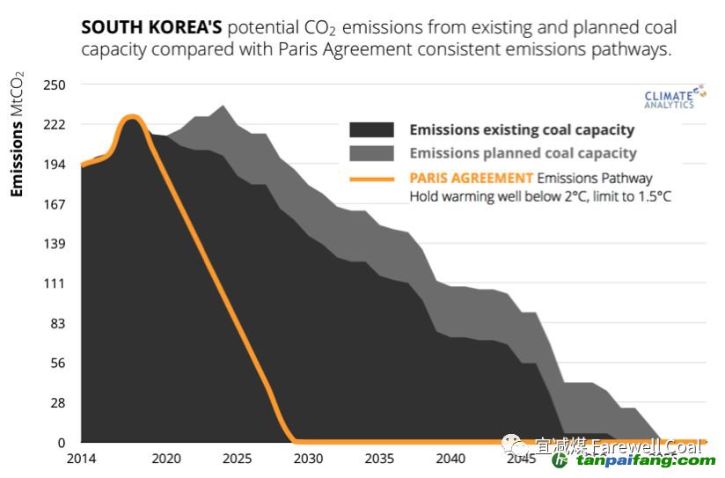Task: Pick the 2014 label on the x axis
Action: coord(81,459)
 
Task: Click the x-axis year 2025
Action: coord(237,459)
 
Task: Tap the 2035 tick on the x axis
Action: coord(379,459)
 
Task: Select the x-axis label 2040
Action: coord(450,459)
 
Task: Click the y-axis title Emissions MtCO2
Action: coord(18,137)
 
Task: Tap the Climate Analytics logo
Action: coord(670,98)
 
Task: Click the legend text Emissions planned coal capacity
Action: coord(523,153)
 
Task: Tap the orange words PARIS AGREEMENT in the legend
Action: coord(472,178)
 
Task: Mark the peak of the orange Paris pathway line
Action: coord(132,116)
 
